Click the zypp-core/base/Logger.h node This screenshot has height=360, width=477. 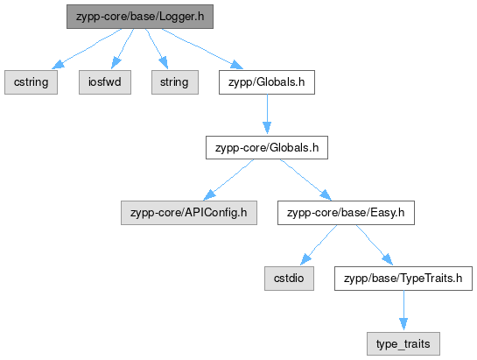pos(140,17)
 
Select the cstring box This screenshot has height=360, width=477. pos(31,82)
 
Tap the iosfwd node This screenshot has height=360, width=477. pos(105,82)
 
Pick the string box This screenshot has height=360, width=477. pos(175,82)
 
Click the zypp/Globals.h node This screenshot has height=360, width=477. pos(267,82)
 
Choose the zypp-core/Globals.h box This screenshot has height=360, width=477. pos(267,148)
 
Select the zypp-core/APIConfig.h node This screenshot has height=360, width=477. pos(189,213)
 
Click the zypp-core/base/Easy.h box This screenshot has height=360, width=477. pos(346,213)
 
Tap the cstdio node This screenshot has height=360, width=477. pos(289,279)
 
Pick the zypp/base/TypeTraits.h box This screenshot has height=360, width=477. pos(403,279)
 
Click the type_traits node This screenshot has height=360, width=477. pos(403,344)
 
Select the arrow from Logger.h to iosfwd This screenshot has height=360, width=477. pos(123,49)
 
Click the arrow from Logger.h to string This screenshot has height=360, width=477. pos(157,49)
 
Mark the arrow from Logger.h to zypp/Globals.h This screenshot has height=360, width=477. pos(202,49)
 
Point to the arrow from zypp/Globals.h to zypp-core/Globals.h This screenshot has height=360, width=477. pos(267,114)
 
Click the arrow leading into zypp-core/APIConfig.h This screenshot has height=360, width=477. pos(228,180)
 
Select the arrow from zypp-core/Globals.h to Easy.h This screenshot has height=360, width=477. pos(305,180)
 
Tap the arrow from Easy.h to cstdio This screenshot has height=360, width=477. pos(319,245)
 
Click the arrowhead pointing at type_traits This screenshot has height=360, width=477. pos(403,324)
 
